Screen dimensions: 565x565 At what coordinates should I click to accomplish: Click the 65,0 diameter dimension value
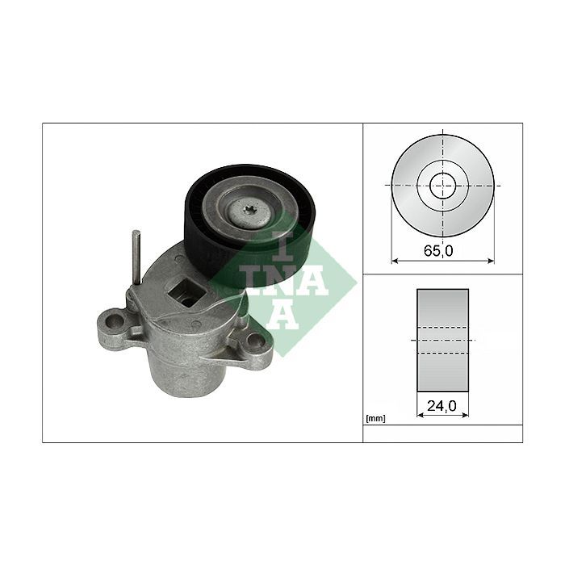(x=438, y=251)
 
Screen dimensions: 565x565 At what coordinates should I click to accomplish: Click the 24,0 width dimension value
(x=442, y=406)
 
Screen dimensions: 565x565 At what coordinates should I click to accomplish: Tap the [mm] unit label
(x=375, y=419)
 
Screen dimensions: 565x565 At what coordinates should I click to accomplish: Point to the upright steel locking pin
(x=136, y=257)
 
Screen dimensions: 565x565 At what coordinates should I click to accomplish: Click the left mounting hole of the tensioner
(x=115, y=320)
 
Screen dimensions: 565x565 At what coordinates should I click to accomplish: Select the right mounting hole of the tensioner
(x=255, y=340)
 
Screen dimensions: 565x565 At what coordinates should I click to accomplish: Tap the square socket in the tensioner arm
(x=187, y=292)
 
